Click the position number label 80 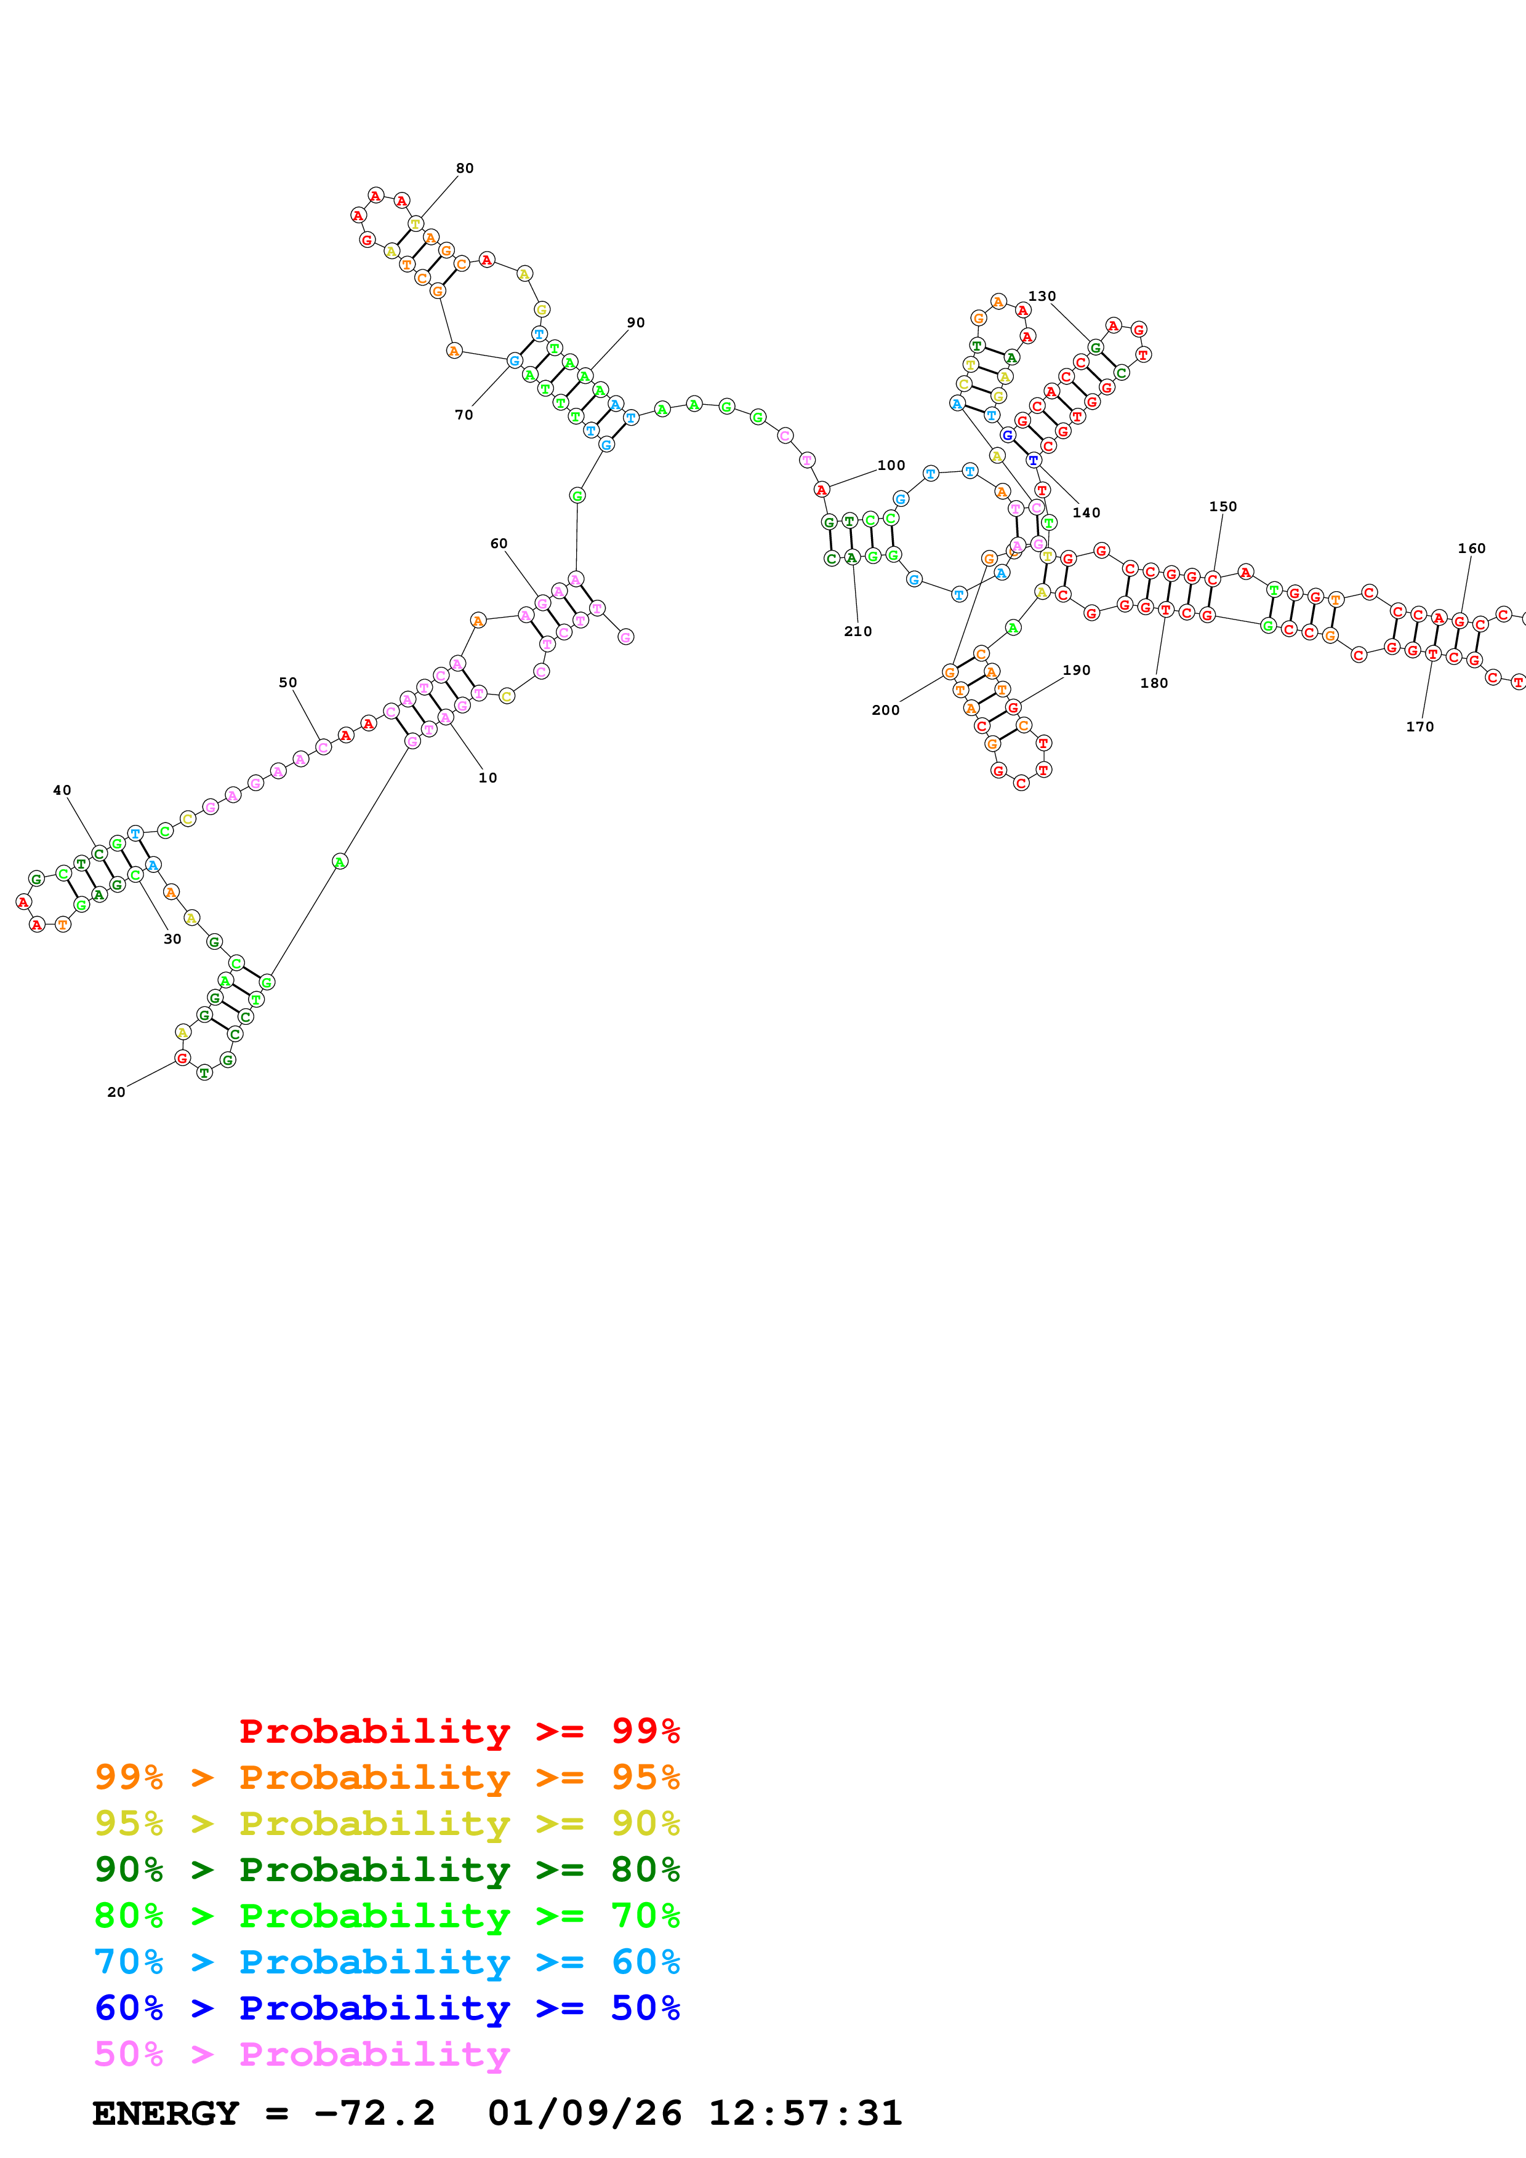[465, 168]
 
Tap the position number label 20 [116, 1091]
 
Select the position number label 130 [1041, 296]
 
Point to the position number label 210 [857, 632]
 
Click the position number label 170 [1419, 727]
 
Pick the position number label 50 [287, 682]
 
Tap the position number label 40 [62, 790]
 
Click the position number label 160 [1471, 548]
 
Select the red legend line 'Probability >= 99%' [459, 1730]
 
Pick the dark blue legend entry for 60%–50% [387, 2008]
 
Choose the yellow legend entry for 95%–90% [387, 1823]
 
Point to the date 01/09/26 [584, 2113]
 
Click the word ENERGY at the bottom [166, 2113]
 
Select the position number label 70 [464, 415]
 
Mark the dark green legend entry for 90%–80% [387, 1869]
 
